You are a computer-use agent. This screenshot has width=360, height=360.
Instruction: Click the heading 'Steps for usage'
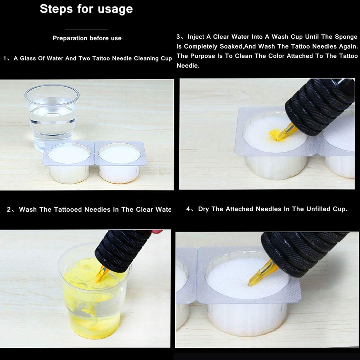(x=86, y=9)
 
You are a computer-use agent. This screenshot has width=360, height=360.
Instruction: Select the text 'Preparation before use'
(x=87, y=38)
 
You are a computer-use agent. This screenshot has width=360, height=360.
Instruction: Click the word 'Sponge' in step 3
(x=346, y=37)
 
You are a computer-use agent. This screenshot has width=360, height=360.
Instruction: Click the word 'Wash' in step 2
(x=28, y=210)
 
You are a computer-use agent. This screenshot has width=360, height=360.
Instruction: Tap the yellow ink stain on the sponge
(x=276, y=134)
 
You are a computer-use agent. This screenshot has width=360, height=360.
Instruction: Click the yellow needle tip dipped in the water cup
(x=101, y=273)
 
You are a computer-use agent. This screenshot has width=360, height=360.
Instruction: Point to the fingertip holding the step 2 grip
(x=156, y=233)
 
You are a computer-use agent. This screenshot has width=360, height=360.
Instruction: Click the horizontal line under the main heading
(x=86, y=29)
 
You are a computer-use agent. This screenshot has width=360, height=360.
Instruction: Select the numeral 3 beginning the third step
(x=178, y=37)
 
